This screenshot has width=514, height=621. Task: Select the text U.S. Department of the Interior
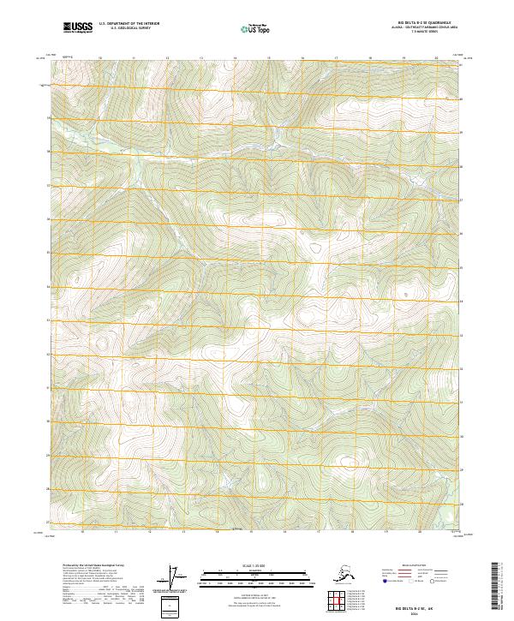click(x=129, y=25)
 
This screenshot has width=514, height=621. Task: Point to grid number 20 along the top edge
click(x=437, y=59)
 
